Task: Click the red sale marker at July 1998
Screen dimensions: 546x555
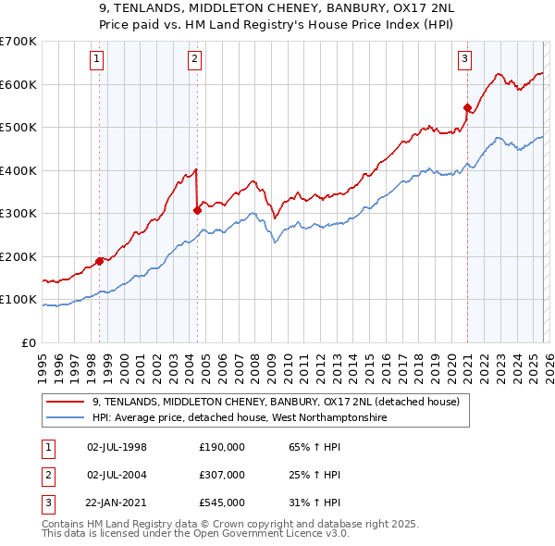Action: (99, 261)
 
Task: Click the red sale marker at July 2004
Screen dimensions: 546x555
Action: (197, 210)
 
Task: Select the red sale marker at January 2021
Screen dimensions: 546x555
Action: (467, 107)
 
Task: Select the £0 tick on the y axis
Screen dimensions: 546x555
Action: (28, 343)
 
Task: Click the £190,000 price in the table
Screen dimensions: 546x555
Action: (221, 447)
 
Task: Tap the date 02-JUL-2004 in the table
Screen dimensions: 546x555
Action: (117, 475)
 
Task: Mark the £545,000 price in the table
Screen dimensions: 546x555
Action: (221, 503)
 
